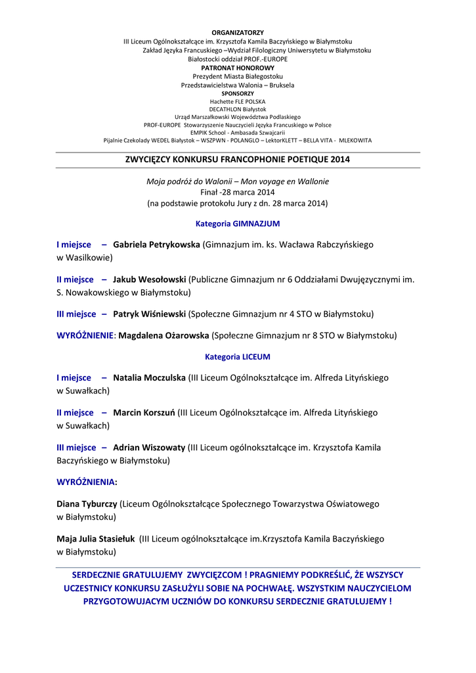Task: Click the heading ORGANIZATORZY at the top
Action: point(238,32)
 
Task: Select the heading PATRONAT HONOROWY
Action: point(238,68)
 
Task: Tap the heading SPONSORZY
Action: point(238,93)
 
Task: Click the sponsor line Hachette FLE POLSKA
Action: point(238,102)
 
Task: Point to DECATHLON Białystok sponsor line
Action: point(238,109)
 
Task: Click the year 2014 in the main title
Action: point(340,159)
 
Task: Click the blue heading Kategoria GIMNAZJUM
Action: point(238,223)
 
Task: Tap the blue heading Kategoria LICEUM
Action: point(238,357)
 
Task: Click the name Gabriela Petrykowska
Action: point(156,244)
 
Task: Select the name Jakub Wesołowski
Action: point(149,279)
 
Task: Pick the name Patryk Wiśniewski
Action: point(149,314)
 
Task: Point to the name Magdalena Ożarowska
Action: point(163,336)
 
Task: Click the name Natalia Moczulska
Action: point(149,378)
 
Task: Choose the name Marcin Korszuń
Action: point(144,413)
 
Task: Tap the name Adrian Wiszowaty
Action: point(149,448)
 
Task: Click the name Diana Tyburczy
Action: point(87,504)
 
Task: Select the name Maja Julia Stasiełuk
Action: point(96,539)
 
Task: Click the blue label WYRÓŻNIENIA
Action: point(87,482)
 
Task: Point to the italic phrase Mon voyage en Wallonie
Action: point(288,181)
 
